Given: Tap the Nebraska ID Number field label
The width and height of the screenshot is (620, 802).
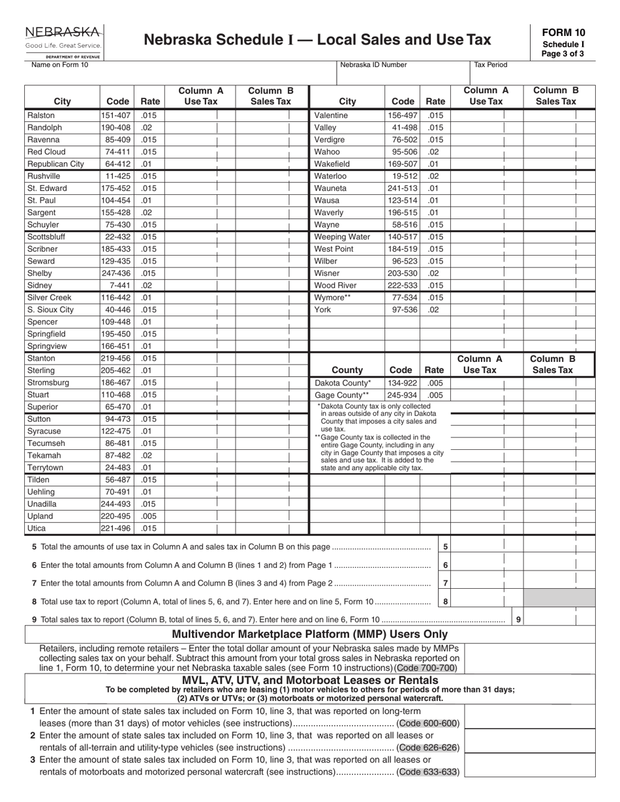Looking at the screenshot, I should pos(373,65).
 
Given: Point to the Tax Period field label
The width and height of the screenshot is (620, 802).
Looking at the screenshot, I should pos(490,65).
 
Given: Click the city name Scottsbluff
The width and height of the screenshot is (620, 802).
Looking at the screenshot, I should pos(46,237).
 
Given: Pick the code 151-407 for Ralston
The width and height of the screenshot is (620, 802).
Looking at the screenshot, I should pos(116,115).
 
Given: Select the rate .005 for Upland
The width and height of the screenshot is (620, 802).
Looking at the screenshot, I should pos(149,516).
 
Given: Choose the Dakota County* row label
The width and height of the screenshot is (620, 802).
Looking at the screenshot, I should pos(343,383).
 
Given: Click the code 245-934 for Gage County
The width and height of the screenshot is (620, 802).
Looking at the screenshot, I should pos(401,395).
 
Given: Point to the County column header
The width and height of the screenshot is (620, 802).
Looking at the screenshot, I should pos(347,370).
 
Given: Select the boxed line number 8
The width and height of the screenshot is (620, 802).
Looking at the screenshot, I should pos(445,602).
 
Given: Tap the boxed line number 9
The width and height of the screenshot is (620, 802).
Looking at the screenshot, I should pos(518,620).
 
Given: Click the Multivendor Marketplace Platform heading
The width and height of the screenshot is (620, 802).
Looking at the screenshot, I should pos(309,634).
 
